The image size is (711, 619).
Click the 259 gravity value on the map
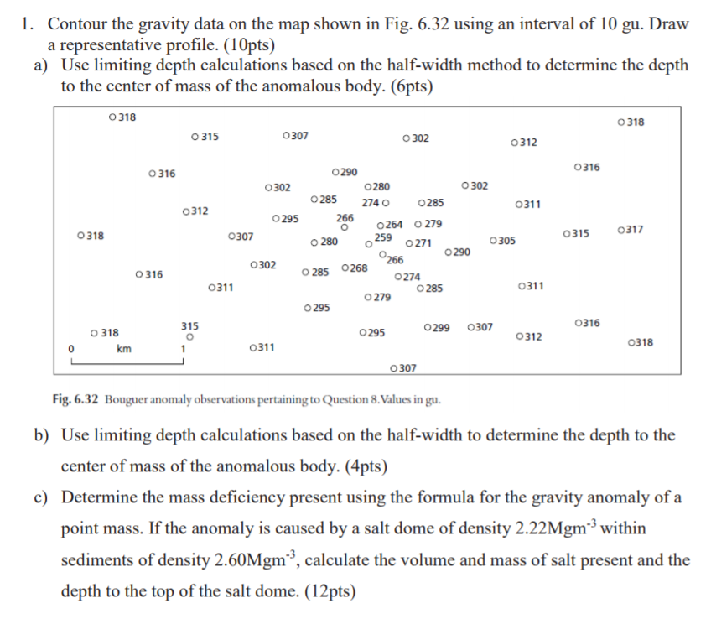pyautogui.click(x=383, y=238)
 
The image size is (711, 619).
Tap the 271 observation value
pyautogui.click(x=422, y=243)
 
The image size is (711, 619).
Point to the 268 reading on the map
pyautogui.click(x=357, y=268)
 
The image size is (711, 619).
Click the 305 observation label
pyautogui.click(x=506, y=242)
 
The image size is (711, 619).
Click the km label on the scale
pyautogui.click(x=124, y=348)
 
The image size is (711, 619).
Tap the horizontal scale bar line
pyautogui.click(x=127, y=362)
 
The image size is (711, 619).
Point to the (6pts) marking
pyautogui.click(x=406, y=86)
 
